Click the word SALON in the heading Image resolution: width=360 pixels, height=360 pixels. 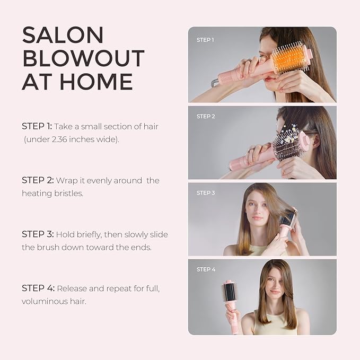coord(63,35)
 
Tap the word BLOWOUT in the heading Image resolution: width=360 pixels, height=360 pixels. coord(83,58)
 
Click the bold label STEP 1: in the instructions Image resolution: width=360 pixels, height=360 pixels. coord(37,126)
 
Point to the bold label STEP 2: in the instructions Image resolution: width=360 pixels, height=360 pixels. coord(38,180)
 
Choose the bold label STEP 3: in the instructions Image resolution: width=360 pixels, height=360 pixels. coord(38,234)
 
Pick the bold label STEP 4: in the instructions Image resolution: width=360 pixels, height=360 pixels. coord(38,288)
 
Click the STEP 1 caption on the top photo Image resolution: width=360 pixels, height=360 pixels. coord(205,40)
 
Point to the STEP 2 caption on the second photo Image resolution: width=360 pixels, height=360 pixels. coord(205,116)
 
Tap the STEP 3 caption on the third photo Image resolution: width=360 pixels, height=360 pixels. coord(206,192)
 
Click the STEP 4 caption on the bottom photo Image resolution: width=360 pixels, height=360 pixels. coord(206,269)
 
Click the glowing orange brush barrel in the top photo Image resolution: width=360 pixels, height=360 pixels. coord(290,60)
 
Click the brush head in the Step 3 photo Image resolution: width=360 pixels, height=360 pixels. coord(288,218)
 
